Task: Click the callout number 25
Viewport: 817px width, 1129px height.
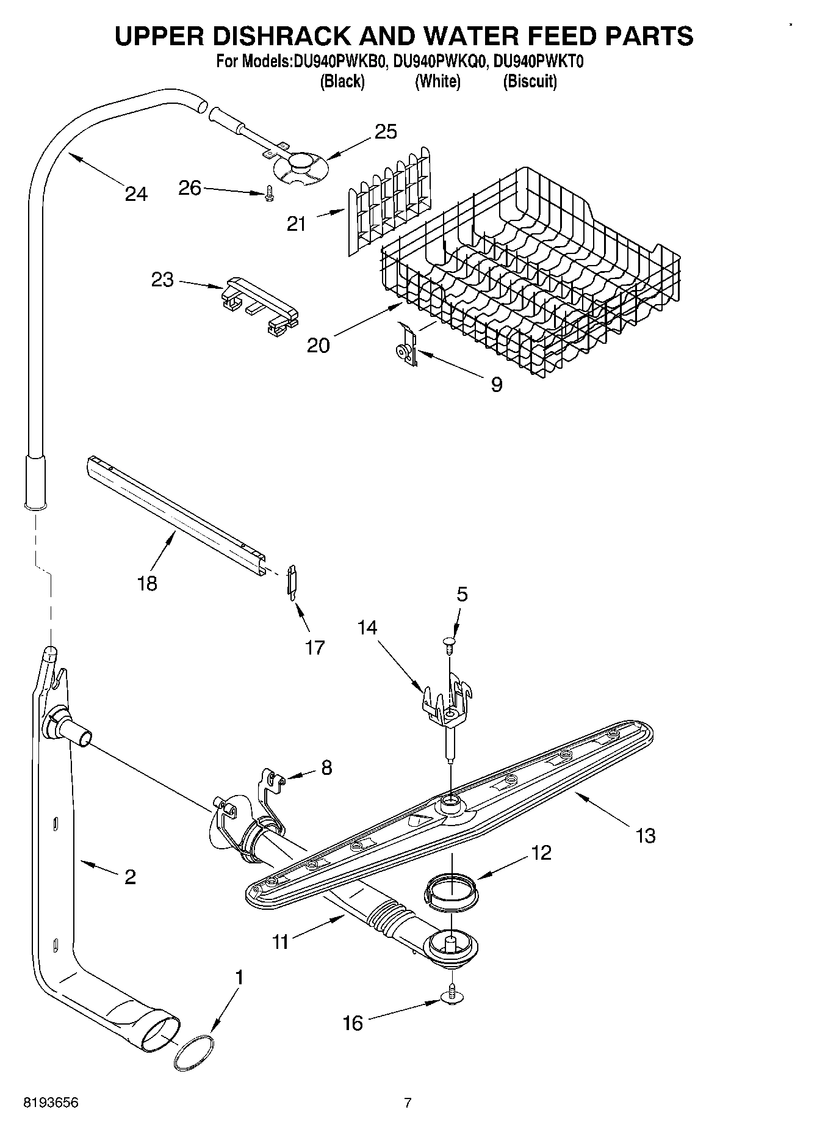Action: coord(386,131)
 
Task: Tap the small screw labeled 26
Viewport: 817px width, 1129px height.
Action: coord(268,194)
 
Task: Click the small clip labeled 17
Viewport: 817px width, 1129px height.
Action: coord(292,579)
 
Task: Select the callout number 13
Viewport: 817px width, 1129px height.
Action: coord(646,835)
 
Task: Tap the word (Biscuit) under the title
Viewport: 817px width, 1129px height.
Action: coord(530,82)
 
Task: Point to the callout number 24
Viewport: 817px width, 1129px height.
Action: coord(135,194)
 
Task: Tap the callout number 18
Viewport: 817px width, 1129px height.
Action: coord(148,583)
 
